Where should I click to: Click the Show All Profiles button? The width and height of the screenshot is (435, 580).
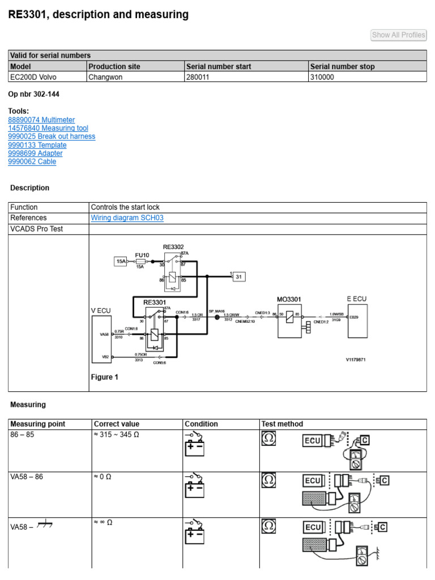point(398,35)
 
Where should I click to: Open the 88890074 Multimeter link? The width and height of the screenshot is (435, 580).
point(41,120)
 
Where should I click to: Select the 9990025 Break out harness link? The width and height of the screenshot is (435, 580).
point(52,137)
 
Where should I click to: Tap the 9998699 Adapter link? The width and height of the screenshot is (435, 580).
point(35,153)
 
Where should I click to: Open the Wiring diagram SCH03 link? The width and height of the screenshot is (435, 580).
point(127,218)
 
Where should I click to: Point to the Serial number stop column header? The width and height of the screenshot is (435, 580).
point(342,66)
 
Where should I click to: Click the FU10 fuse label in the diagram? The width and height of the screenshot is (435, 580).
point(142,255)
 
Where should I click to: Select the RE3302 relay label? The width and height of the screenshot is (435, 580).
point(173,247)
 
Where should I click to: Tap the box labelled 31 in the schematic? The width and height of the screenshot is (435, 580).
point(238,277)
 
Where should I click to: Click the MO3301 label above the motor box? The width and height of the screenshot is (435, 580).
point(289,298)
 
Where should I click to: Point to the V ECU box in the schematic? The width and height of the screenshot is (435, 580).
point(103,339)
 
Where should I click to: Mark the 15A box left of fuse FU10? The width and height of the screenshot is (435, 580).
point(121,261)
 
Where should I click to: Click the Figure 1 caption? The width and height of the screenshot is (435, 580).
point(105,377)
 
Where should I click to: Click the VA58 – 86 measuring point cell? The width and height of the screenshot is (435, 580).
point(27,477)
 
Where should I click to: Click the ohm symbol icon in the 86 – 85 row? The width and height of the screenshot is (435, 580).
point(268,438)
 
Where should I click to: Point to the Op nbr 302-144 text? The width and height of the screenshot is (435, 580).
point(34,95)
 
